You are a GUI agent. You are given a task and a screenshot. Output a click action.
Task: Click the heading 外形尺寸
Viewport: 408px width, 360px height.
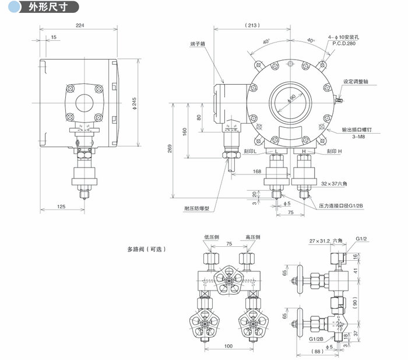pos(44,7)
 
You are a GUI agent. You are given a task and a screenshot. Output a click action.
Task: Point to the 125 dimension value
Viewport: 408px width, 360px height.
pos(61,206)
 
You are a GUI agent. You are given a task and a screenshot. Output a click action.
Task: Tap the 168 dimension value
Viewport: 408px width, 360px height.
pos(257,171)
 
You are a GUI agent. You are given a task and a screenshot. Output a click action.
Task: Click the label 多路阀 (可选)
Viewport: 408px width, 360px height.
pos(147,249)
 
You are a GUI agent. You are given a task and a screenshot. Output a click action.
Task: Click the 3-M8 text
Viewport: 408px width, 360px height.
pos(349,135)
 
